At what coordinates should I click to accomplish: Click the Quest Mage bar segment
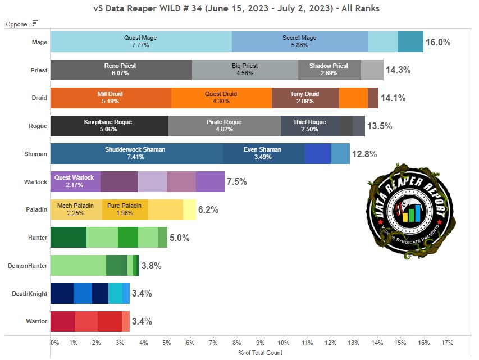[x=140, y=42]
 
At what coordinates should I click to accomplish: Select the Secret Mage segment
[x=299, y=42]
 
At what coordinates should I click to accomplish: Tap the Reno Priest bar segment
[x=121, y=70]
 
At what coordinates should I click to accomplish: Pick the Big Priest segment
[x=245, y=70]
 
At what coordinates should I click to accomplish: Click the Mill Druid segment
[x=111, y=98]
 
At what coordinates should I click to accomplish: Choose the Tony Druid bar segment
[x=305, y=98]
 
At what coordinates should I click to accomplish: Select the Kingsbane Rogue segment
[x=109, y=125]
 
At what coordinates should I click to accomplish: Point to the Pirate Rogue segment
[x=224, y=125]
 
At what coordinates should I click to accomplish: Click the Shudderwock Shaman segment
[x=136, y=153]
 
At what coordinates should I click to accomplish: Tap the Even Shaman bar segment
[x=263, y=153]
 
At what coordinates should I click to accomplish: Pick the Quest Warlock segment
[x=75, y=181]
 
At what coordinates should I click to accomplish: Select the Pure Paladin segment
[x=125, y=209]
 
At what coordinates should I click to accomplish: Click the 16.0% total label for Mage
[x=438, y=42]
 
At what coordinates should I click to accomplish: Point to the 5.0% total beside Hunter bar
[x=180, y=238]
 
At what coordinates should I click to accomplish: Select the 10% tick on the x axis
[x=284, y=342]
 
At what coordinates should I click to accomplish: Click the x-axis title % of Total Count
[x=260, y=353]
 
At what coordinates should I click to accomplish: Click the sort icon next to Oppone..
[x=35, y=23]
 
